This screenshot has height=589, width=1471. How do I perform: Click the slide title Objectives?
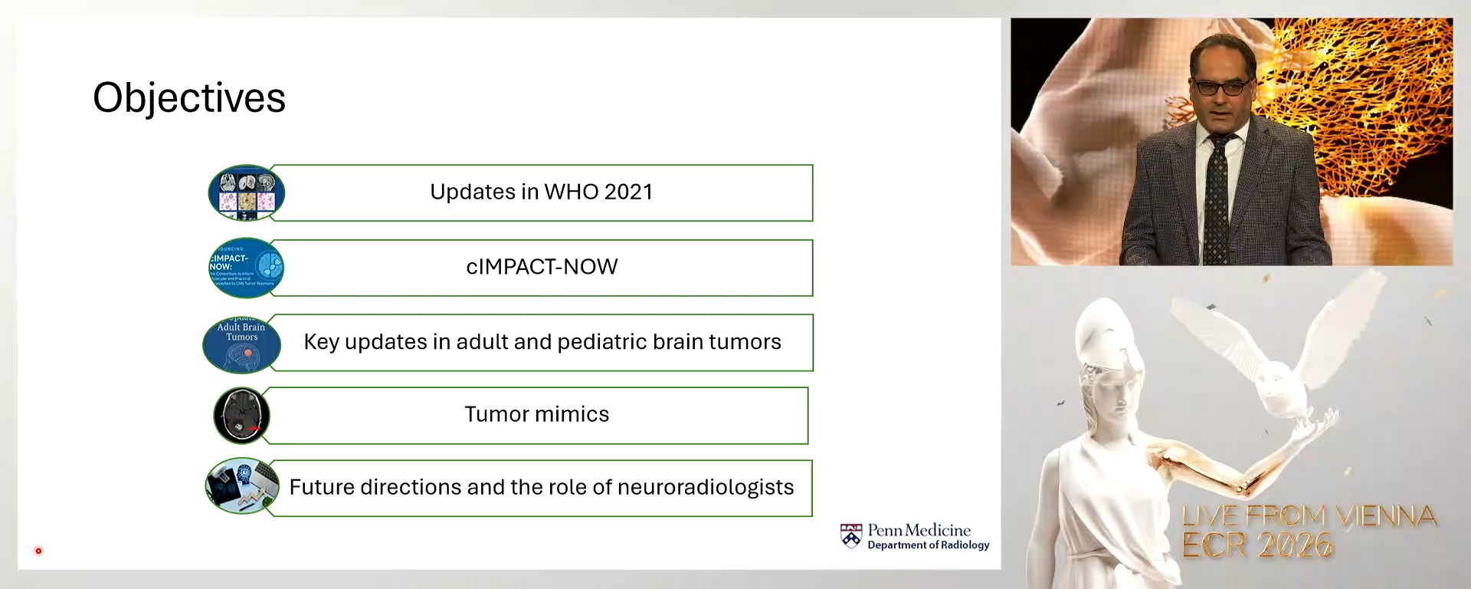coord(189,98)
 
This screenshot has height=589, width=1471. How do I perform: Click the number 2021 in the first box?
coord(627,192)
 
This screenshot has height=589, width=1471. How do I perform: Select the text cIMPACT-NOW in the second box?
coord(542,267)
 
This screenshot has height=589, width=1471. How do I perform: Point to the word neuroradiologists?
coord(705,488)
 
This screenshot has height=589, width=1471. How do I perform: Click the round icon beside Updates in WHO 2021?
coord(246,192)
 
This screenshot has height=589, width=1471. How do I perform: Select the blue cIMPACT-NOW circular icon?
coord(246,268)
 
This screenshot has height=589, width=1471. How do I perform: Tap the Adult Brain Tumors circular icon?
coord(241,344)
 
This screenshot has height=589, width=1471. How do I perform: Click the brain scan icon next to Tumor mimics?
coord(241,416)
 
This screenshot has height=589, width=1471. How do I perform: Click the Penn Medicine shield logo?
coord(851,536)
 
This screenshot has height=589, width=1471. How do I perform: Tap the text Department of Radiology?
coord(928,545)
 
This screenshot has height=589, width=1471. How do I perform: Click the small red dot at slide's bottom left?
coord(38,551)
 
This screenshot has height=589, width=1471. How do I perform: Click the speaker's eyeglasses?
coord(1223,87)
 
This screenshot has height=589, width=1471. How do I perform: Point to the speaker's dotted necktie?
coord(1216,199)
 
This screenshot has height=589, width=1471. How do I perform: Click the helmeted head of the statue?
coord(1103,337)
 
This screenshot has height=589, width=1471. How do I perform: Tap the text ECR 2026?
coord(1256,546)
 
